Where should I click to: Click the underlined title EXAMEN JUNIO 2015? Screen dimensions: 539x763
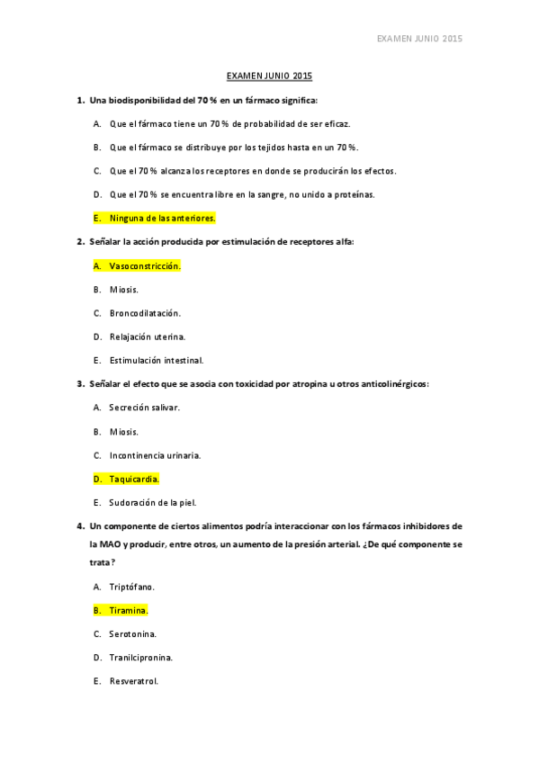269,76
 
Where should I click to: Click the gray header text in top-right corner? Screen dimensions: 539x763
418,39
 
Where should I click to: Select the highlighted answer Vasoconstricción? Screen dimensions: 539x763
144,265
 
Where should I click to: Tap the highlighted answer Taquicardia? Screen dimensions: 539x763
133,479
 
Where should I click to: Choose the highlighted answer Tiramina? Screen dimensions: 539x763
128,610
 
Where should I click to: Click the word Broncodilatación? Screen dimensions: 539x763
145,313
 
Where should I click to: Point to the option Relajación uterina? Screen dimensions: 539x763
148,337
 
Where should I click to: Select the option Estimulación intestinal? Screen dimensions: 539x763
156,360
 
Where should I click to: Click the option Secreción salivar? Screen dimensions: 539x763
144,408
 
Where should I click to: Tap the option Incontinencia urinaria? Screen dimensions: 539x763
155,455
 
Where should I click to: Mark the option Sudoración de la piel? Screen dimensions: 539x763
152,502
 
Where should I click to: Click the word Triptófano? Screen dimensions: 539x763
132,587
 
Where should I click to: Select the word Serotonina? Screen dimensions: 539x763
132,633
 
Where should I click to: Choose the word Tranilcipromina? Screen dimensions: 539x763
140,658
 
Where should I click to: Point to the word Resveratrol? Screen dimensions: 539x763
133,681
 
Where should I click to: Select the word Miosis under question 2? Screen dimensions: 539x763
124,290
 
